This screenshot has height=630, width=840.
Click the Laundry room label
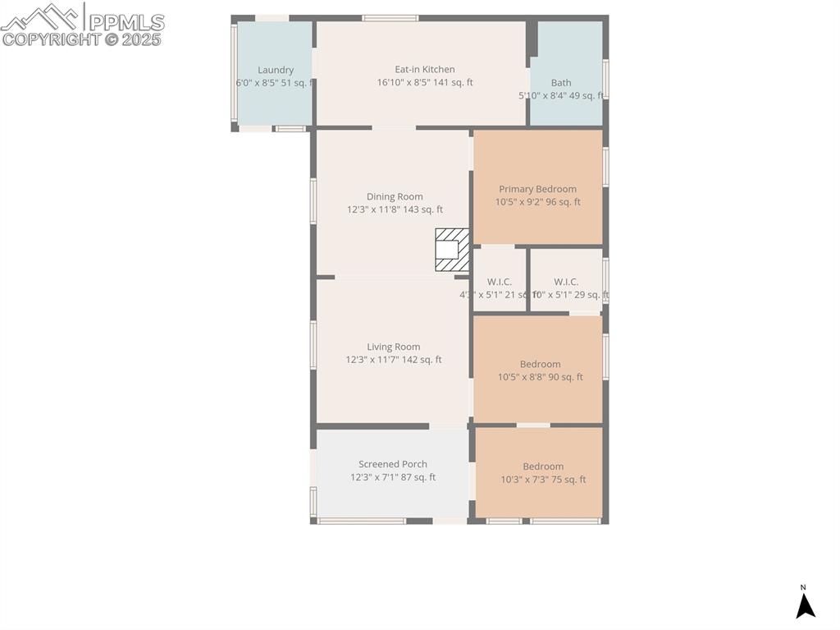click(x=275, y=71)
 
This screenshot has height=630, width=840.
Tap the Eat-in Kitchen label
click(x=424, y=70)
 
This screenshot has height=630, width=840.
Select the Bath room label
click(x=561, y=83)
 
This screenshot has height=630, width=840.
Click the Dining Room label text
click(x=395, y=197)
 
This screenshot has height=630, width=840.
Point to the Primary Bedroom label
click(x=537, y=189)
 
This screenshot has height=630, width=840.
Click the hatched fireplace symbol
click(x=451, y=250)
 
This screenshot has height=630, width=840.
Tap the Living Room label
click(x=394, y=347)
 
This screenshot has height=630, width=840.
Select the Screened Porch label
click(x=392, y=464)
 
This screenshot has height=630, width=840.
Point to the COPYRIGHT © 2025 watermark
click(x=82, y=39)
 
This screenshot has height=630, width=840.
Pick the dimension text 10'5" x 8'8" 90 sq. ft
click(x=540, y=378)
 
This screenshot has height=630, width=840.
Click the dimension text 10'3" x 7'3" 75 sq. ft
click(x=543, y=480)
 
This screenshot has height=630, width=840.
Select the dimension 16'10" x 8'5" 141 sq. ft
click(x=424, y=83)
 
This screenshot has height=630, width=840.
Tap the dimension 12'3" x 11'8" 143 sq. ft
click(x=395, y=210)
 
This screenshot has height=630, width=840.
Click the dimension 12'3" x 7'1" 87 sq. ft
click(x=392, y=477)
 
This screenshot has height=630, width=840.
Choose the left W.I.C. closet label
click(x=499, y=282)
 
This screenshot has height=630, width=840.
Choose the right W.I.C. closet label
click(x=566, y=282)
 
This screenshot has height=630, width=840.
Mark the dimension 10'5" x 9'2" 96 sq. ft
click(x=537, y=202)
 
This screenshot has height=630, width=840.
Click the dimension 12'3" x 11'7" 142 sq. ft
click(x=394, y=360)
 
